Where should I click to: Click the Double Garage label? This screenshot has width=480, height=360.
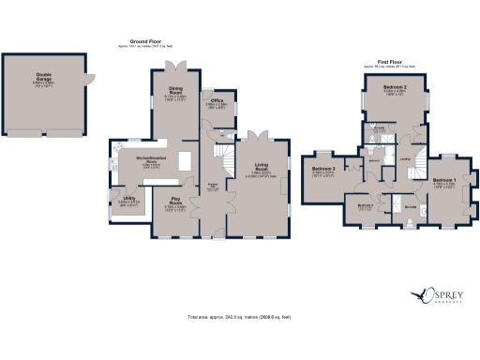tap(44, 79)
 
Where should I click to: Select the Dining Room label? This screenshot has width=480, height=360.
tap(173, 93)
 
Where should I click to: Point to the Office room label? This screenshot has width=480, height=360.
tap(216, 102)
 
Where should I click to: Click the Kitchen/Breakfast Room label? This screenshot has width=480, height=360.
tap(149, 162)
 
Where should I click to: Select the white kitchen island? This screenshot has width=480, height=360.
tap(185, 160)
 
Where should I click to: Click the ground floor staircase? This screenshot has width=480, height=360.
tap(221, 151)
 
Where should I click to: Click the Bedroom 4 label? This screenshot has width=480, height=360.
tap(365, 205)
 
